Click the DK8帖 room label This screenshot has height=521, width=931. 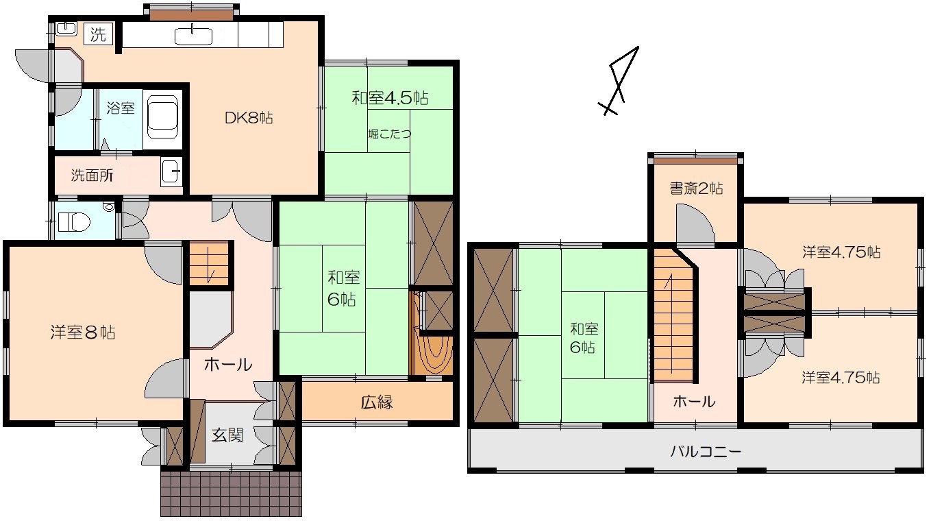(x=249, y=118)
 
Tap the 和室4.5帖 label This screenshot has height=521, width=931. (x=390, y=98)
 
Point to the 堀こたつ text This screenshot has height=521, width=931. (x=390, y=134)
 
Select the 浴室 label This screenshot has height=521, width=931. (x=121, y=108)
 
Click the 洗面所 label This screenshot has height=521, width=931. (x=92, y=175)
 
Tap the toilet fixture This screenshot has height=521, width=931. (x=73, y=221)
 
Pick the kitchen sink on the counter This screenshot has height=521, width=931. (x=193, y=36)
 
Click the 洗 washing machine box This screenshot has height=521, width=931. (x=99, y=34)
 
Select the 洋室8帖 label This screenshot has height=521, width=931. (x=83, y=332)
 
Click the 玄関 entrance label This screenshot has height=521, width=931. (x=227, y=435)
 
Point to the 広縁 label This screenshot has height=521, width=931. (x=377, y=402)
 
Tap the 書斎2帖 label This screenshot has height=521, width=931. (x=696, y=189)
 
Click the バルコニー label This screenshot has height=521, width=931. (x=706, y=451)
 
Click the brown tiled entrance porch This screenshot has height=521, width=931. (x=231, y=494)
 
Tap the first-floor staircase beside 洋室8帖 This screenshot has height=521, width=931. (x=209, y=264)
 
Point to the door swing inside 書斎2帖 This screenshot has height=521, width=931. (x=695, y=223)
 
